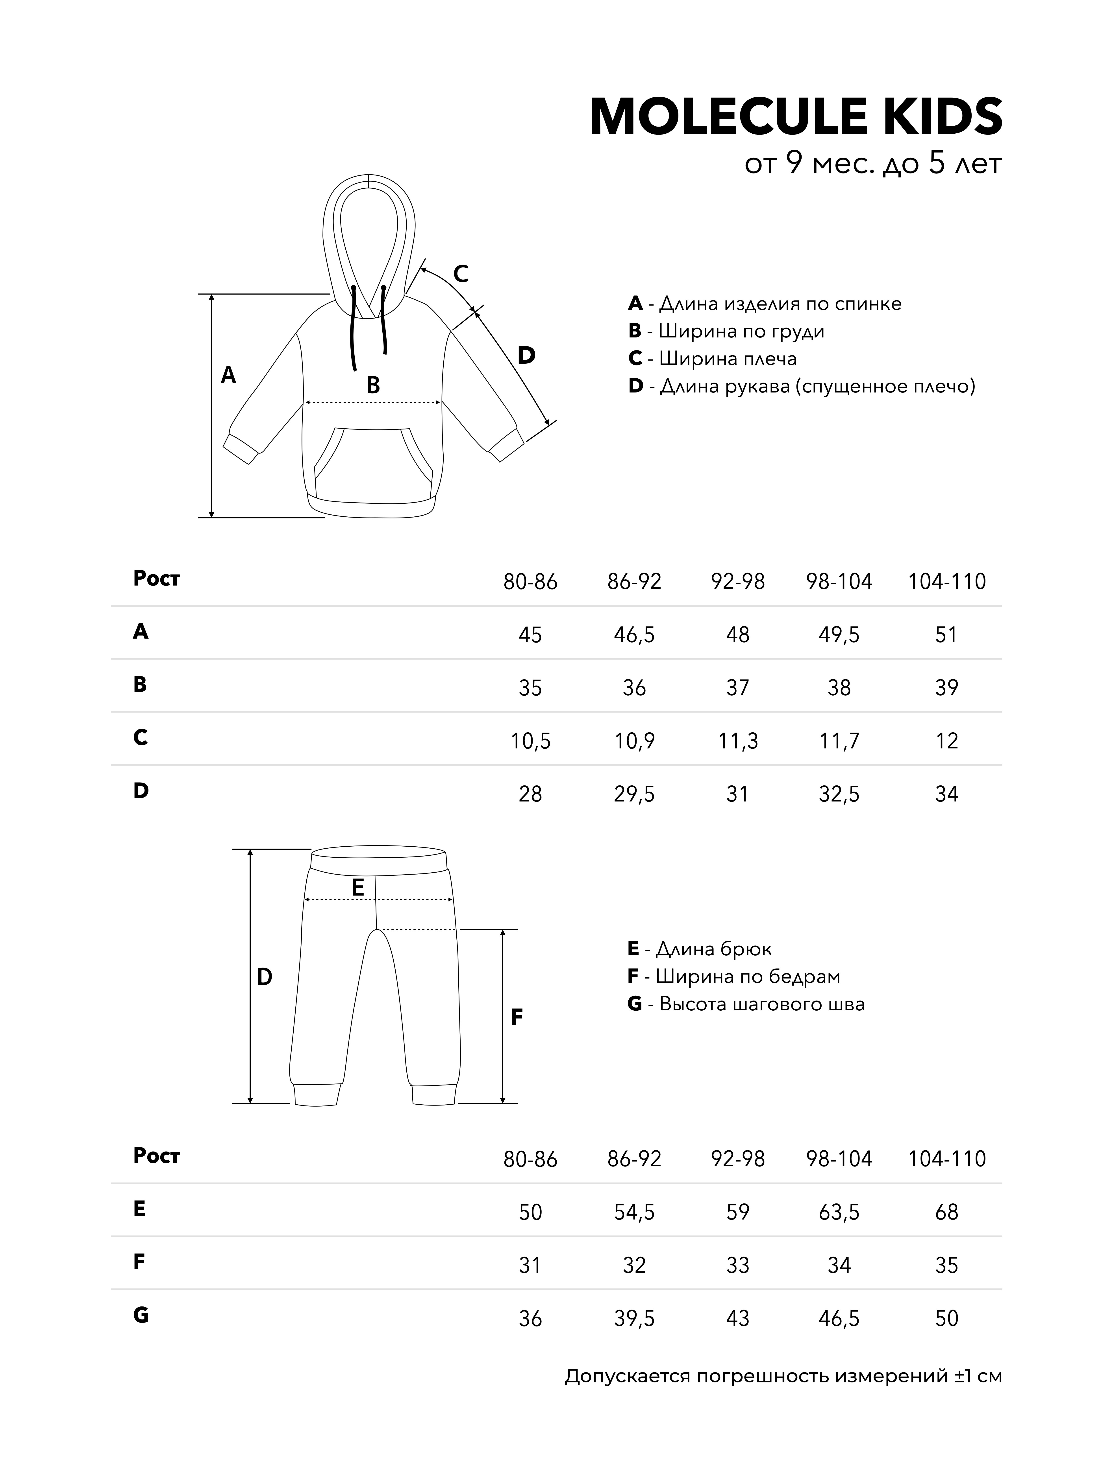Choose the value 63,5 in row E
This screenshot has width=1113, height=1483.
(839, 1212)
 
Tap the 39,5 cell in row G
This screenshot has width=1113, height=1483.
(634, 1319)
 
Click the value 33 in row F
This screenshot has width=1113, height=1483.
(737, 1265)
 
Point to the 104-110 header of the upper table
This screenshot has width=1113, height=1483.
(947, 581)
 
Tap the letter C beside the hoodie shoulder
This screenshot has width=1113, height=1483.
(460, 274)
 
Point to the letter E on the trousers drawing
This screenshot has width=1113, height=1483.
(357, 888)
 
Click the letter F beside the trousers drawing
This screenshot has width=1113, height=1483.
(516, 1017)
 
